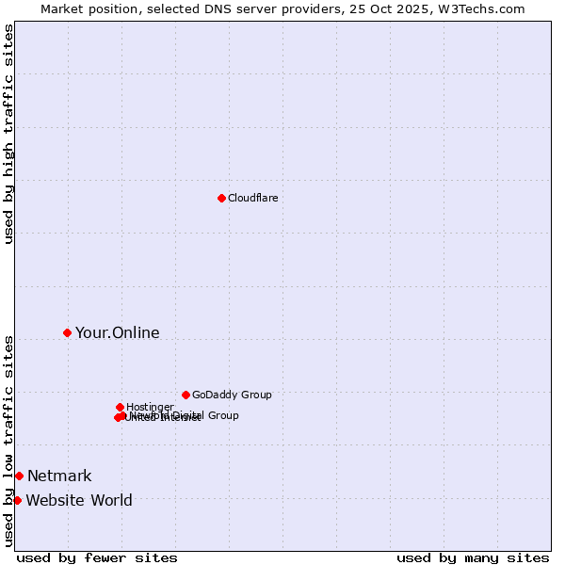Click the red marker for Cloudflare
pyautogui.click(x=221, y=198)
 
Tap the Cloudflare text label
pyautogui.click(x=252, y=198)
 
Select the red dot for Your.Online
pyautogui.click(x=67, y=332)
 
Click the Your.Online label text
pyautogui.click(x=117, y=332)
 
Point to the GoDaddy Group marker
pyautogui.click(x=186, y=395)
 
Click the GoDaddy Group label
pyautogui.click(x=232, y=395)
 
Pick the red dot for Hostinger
pyautogui.click(x=120, y=407)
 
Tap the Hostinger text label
pyautogui.click(x=150, y=407)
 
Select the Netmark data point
pyautogui.click(x=19, y=476)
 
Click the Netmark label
pyautogui.click(x=59, y=476)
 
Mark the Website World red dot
pyautogui.click(x=17, y=500)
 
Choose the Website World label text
pyautogui.click(x=79, y=500)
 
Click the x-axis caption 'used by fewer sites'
pyautogui.click(x=97, y=557)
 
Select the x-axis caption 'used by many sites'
pyautogui.click(x=473, y=557)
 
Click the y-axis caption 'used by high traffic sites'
pyautogui.click(x=8, y=134)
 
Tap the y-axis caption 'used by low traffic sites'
pyautogui.click(x=8, y=441)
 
